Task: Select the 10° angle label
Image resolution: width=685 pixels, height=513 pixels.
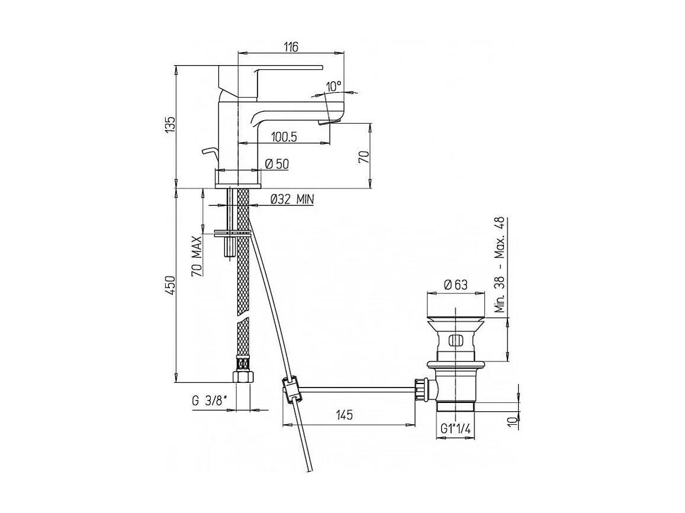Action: pyautogui.click(x=333, y=86)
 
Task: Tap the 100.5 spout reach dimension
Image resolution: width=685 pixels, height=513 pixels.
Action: pyautogui.click(x=284, y=137)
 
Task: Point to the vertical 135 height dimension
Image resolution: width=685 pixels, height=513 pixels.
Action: pyautogui.click(x=171, y=125)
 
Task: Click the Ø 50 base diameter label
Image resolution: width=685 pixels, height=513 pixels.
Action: pyautogui.click(x=276, y=164)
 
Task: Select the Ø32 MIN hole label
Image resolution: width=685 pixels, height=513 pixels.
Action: pyautogui.click(x=291, y=200)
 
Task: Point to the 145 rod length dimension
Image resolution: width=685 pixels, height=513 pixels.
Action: pyautogui.click(x=347, y=415)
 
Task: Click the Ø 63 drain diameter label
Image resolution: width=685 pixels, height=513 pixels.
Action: pyautogui.click(x=455, y=284)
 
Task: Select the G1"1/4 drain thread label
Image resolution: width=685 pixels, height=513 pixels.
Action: pyautogui.click(x=455, y=429)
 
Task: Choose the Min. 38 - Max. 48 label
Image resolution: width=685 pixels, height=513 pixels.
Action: pyautogui.click(x=499, y=264)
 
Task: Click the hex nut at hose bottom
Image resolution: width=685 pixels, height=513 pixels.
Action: pyautogui.click(x=242, y=378)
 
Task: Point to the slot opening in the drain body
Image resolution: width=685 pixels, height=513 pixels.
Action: pyautogui.click(x=455, y=341)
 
